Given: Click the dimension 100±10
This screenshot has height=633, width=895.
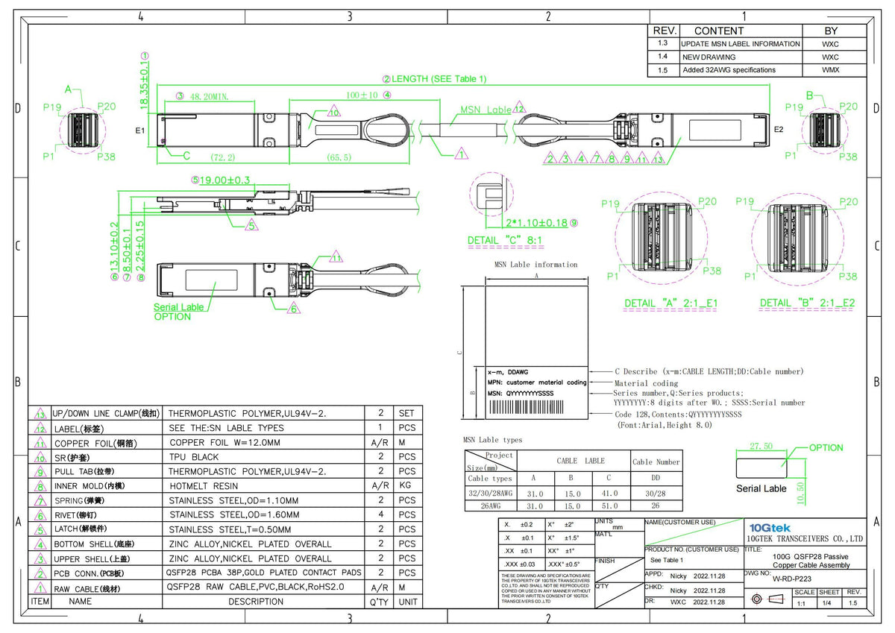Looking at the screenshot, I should coord(362,95).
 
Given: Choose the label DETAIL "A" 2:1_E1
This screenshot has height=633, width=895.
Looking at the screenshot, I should coord(671,303).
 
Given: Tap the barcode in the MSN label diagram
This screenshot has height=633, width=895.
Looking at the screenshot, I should coord(536,406).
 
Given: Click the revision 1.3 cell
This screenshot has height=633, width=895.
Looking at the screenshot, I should coord(663,44).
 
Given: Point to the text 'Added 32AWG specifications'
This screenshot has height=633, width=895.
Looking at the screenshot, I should coord(729,70).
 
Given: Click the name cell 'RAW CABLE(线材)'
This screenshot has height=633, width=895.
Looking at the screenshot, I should coord(87,588).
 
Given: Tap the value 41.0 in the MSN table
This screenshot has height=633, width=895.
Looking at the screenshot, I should coord(609,493).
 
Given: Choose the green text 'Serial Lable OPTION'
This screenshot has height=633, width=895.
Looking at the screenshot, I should coord(178,312).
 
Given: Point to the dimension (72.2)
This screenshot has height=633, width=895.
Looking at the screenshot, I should coord(222,158).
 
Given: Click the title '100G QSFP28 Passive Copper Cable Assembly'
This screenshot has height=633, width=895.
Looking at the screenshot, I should coord(809,561).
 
